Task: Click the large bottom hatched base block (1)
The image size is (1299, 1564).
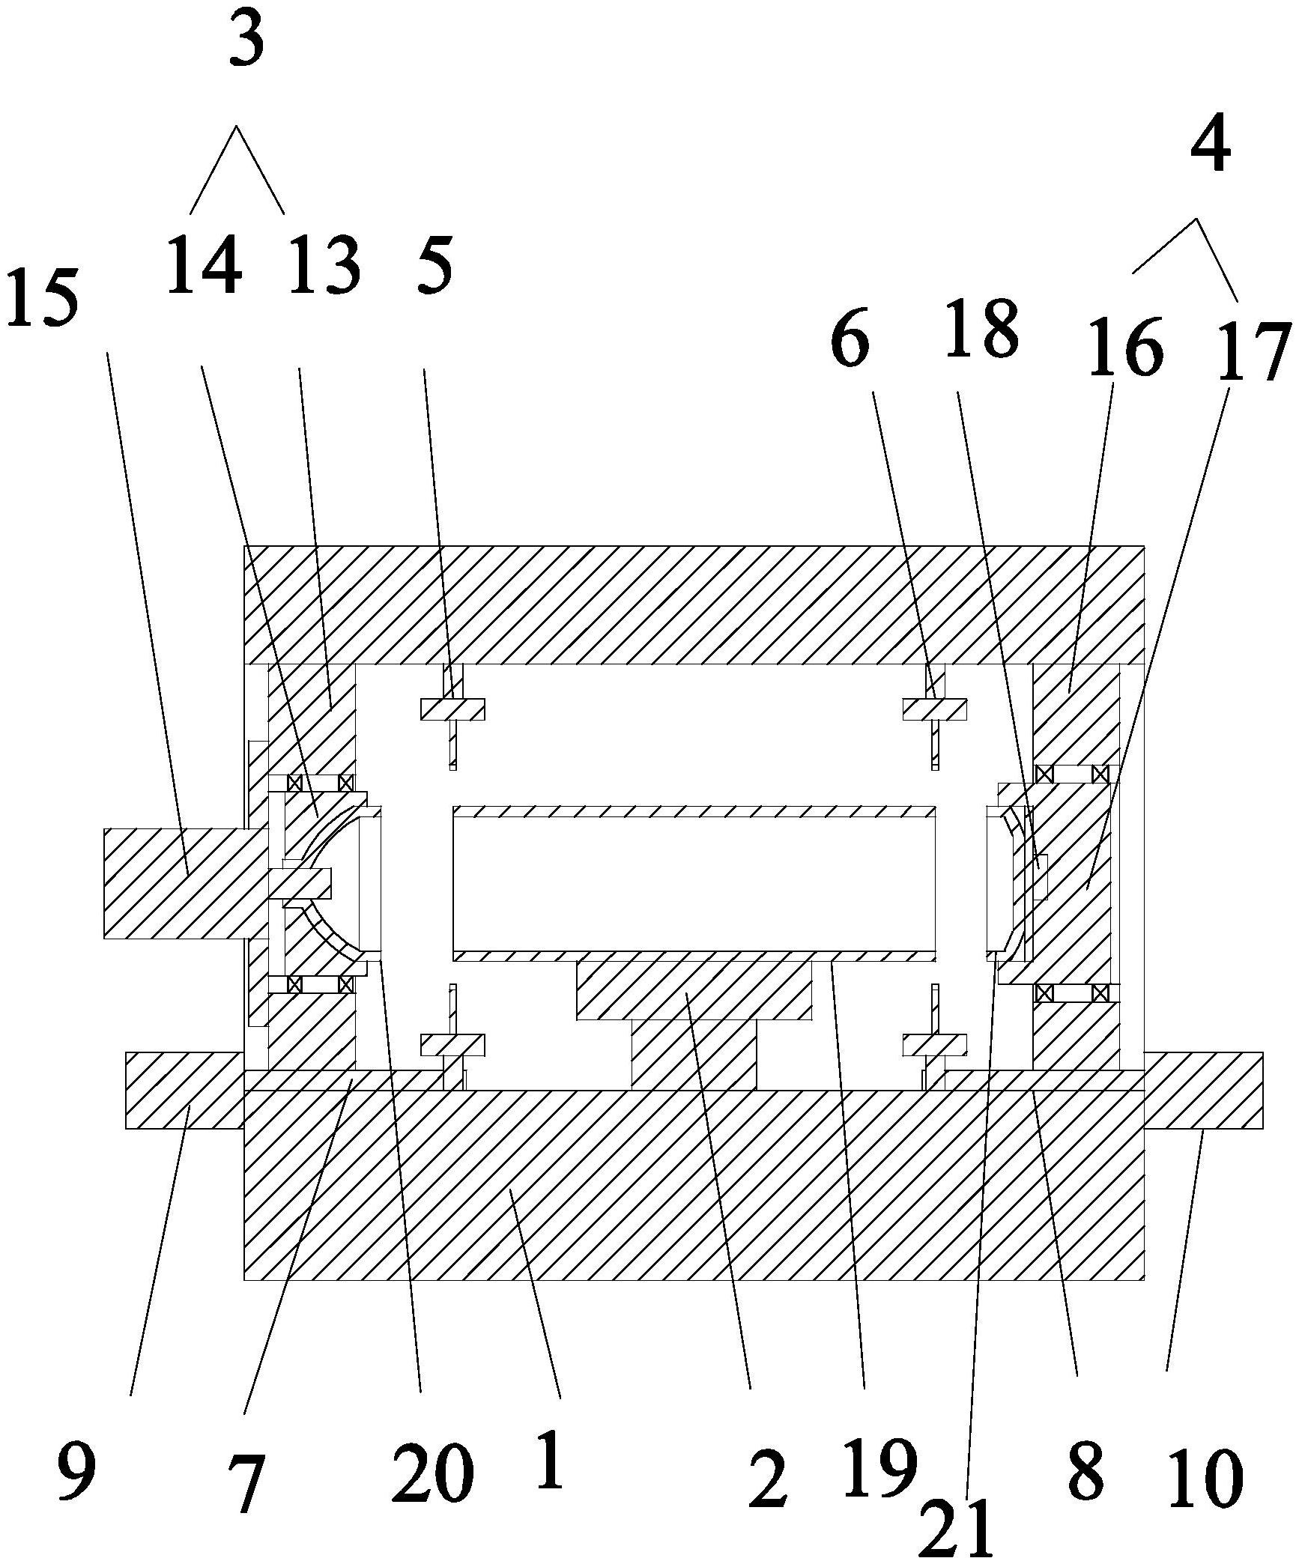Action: tap(694, 1198)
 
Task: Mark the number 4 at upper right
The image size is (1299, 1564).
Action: tap(1210, 147)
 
